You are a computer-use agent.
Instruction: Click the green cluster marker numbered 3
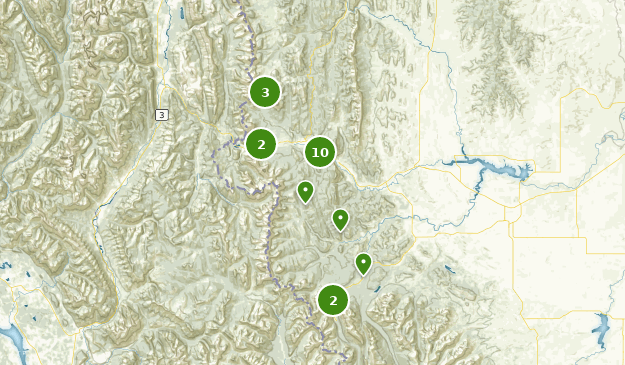click(265, 93)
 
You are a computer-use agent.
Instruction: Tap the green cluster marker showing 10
click(319, 152)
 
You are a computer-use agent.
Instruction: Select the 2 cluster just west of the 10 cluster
click(261, 144)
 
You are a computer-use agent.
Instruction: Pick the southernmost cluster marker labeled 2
click(333, 300)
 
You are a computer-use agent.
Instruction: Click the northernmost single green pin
click(306, 190)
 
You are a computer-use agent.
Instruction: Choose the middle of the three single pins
click(341, 218)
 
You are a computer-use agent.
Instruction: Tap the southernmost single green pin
click(364, 262)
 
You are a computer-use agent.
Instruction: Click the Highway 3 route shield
click(162, 115)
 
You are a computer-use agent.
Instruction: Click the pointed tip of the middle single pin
click(341, 231)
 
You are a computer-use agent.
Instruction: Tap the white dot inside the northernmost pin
click(306, 188)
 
